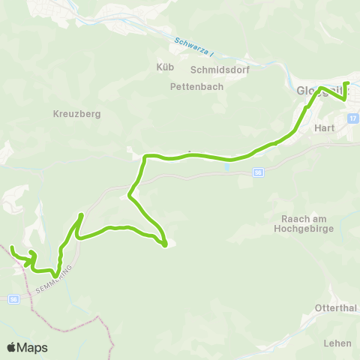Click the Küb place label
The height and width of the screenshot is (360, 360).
tap(165, 67)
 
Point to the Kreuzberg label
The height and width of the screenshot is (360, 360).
tap(76, 114)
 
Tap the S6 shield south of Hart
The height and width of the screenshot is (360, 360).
tap(258, 172)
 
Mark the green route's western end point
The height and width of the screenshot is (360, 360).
tap(12, 247)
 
